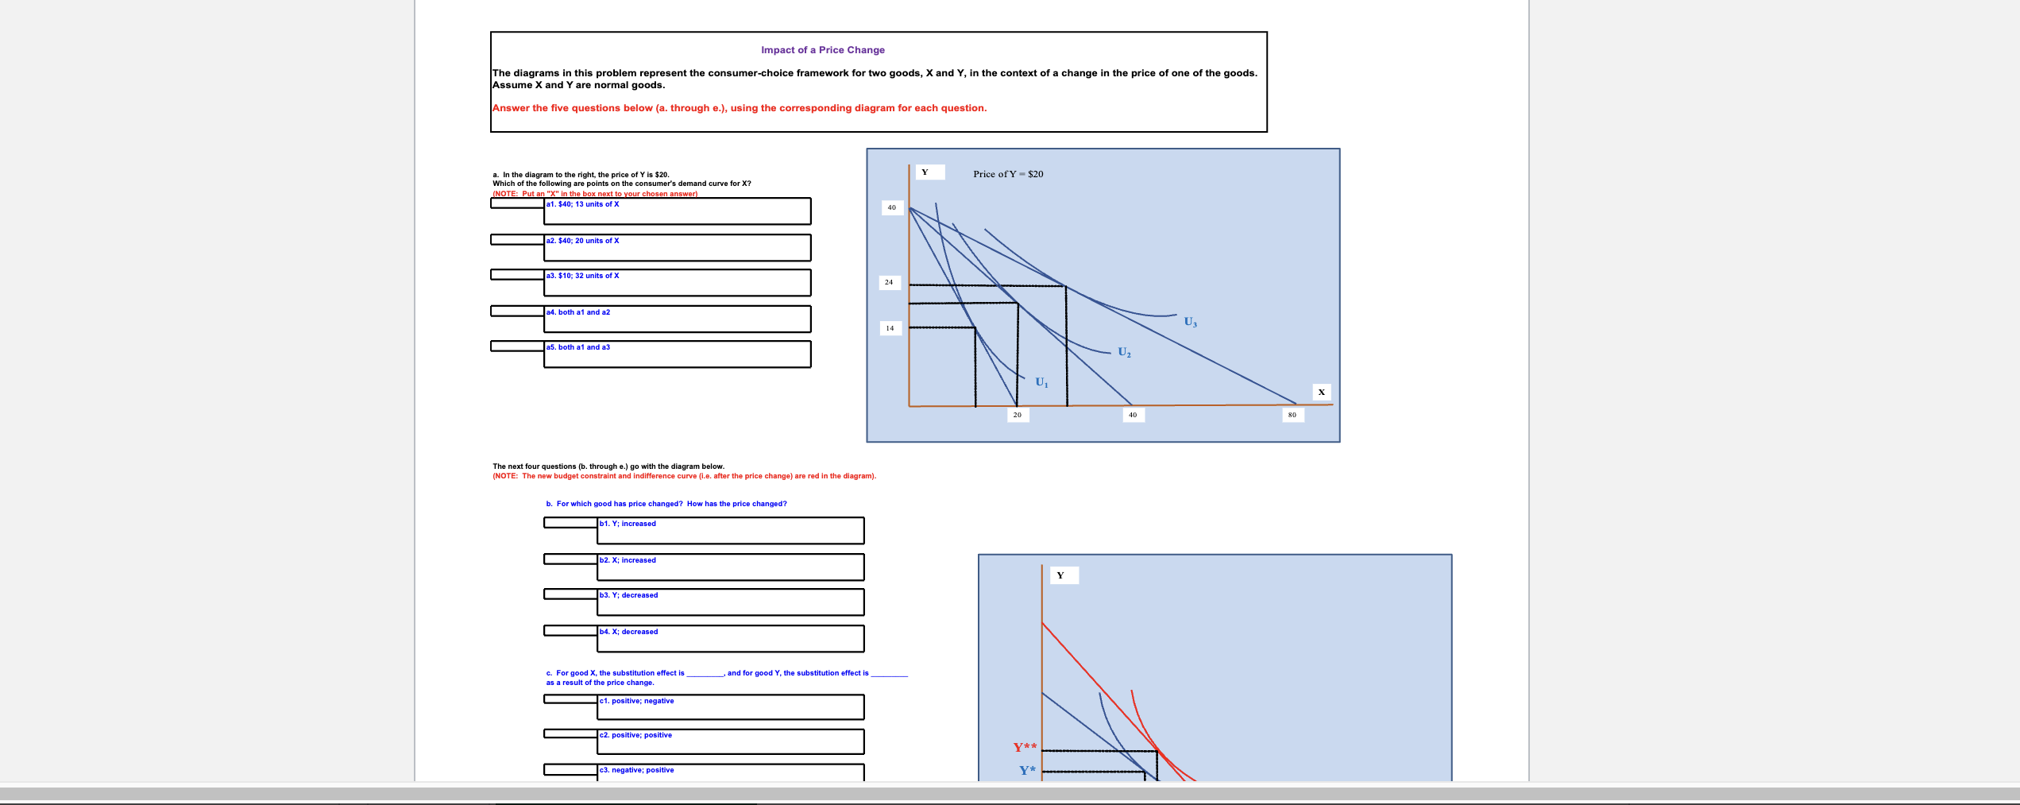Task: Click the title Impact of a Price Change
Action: click(x=822, y=50)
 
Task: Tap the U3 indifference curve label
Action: click(x=1190, y=322)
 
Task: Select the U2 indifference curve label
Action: click(x=1124, y=352)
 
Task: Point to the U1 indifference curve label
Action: click(x=1041, y=382)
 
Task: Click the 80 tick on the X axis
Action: click(x=1292, y=415)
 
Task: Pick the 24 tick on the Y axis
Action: click(x=889, y=282)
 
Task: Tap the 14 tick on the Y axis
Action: click(x=890, y=328)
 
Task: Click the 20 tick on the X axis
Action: click(x=1017, y=415)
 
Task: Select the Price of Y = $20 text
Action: click(x=1008, y=174)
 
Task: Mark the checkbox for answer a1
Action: click(x=517, y=203)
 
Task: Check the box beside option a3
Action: click(x=517, y=275)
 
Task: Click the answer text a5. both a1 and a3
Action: click(x=578, y=347)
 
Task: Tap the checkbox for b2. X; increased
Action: click(x=570, y=559)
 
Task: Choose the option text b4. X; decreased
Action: click(x=628, y=632)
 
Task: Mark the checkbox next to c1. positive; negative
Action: click(x=570, y=699)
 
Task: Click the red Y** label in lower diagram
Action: click(x=1025, y=747)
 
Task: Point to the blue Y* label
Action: click(x=1027, y=770)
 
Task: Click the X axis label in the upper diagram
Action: click(x=1321, y=392)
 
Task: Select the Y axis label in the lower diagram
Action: click(x=1060, y=575)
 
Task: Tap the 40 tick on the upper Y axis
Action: click(x=891, y=207)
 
